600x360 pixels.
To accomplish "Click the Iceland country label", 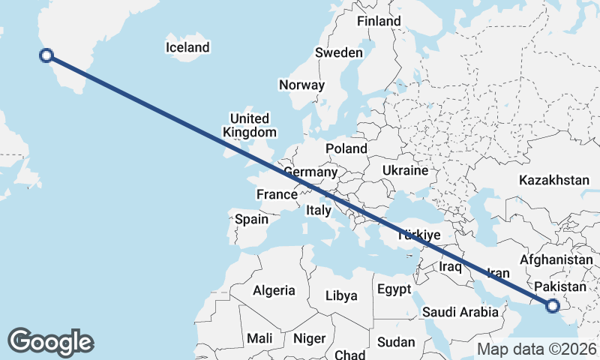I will click(x=187, y=48).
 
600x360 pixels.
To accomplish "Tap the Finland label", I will click(x=379, y=22).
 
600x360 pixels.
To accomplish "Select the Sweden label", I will click(x=339, y=53).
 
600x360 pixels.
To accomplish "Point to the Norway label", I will click(x=301, y=85).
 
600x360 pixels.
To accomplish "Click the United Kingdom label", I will click(x=249, y=125).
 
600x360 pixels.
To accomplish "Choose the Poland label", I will click(x=346, y=149).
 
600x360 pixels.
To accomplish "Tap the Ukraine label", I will click(x=405, y=171).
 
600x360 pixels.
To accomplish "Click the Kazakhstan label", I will click(x=554, y=180).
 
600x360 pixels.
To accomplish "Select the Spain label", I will click(x=251, y=220).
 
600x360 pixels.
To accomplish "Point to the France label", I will click(x=277, y=195).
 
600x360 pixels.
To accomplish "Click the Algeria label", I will click(x=274, y=291).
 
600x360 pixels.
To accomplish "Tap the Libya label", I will click(x=341, y=295).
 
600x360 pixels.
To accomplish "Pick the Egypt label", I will click(x=394, y=289).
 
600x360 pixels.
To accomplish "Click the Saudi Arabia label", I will click(x=460, y=312).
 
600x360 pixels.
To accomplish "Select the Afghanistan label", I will click(x=556, y=259).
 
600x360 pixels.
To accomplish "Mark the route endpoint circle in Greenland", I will click(x=46, y=55).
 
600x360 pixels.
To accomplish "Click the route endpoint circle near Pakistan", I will click(x=553, y=305).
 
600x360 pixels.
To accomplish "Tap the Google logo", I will click(x=50, y=342).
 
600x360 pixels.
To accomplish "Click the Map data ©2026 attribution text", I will click(x=537, y=349).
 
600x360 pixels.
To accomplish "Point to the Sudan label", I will click(x=395, y=342).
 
